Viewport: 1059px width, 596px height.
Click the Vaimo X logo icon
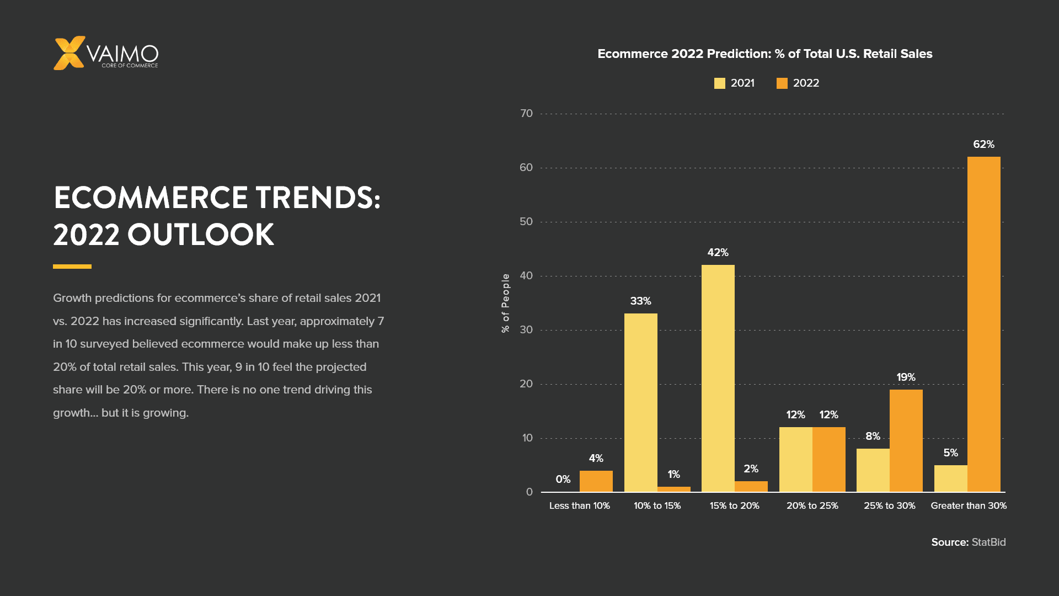69,53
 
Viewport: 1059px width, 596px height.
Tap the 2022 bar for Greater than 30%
983,324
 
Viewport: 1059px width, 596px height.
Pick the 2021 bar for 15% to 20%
718,379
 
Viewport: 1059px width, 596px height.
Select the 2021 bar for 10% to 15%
640,403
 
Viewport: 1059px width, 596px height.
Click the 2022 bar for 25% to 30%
906,441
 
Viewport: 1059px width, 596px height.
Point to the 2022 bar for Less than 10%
596,481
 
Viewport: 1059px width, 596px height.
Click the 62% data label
983,145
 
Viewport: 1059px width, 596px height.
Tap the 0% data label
563,480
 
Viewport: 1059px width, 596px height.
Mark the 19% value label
906,377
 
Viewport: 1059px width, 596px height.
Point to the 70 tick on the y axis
526,114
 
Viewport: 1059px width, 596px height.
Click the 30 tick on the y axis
526,330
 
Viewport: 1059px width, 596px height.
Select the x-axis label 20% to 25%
812,506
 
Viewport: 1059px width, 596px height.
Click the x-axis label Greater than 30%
968,506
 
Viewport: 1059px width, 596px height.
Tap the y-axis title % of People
505,303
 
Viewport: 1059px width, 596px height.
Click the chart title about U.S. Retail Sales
764,54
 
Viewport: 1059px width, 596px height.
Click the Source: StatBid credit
968,542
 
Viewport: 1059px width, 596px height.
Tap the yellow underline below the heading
72,267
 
